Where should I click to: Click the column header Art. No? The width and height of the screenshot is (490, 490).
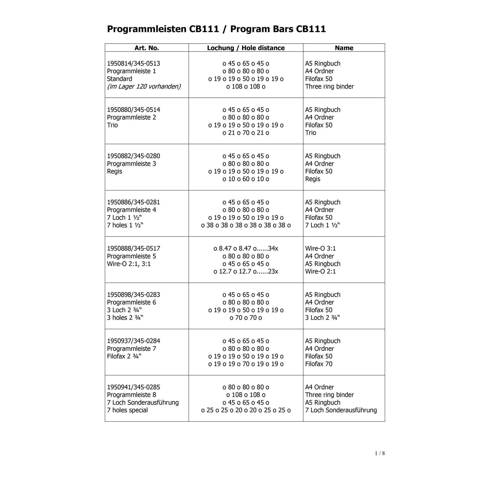(146, 48)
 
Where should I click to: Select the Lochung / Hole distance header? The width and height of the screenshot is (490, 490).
(246, 48)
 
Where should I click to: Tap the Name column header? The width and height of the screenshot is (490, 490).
(344, 48)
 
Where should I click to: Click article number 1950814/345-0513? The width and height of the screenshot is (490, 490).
(133, 64)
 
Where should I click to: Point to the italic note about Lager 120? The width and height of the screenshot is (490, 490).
(144, 87)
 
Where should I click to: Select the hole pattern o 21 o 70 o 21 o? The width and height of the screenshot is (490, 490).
(246, 133)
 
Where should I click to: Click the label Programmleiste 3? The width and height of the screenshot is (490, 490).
(131, 164)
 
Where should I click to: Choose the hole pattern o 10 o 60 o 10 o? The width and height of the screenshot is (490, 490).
(246, 179)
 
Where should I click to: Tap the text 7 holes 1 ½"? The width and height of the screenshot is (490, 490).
(125, 225)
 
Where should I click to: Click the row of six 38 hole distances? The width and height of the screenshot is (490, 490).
(246, 225)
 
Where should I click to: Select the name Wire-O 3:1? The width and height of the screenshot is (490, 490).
(320, 248)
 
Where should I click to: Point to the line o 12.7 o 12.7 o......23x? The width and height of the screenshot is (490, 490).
(246, 271)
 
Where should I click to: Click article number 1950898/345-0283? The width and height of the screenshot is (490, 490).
(133, 295)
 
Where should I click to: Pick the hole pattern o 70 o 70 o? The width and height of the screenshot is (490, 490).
(246, 317)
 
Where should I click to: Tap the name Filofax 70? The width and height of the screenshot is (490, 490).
(318, 364)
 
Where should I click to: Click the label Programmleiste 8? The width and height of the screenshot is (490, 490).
(131, 395)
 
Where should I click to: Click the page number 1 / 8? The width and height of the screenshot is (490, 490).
(380, 453)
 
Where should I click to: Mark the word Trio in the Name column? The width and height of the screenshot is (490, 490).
(311, 133)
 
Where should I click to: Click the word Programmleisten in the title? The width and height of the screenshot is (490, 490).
(146, 29)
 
